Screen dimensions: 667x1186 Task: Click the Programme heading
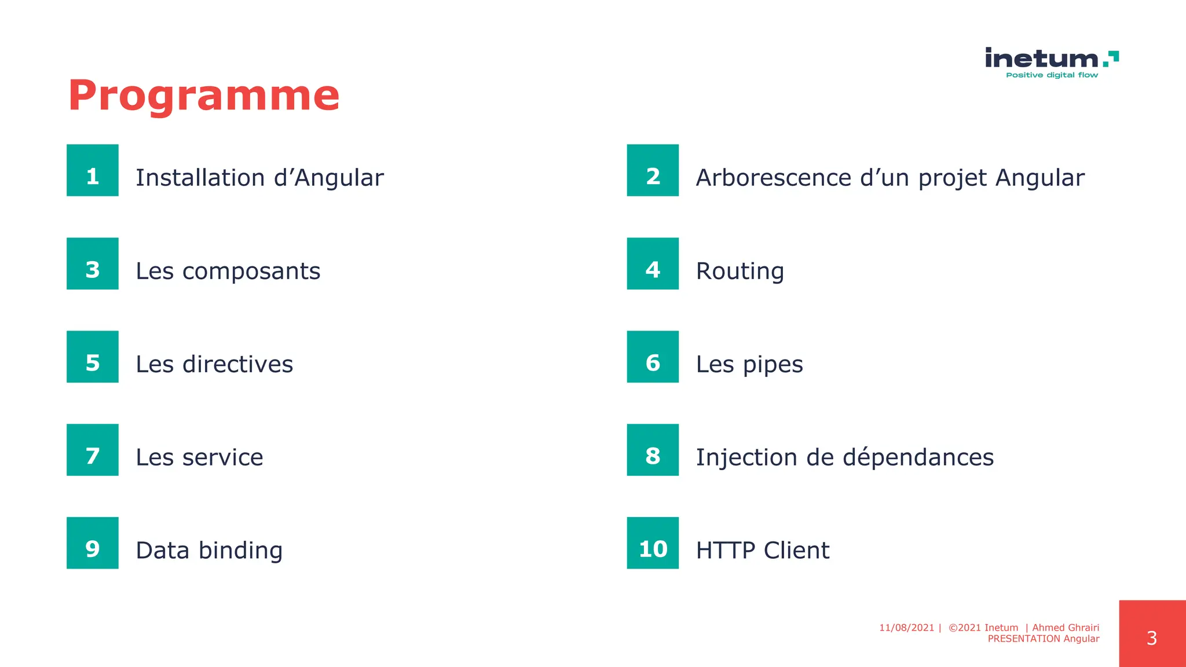tap(203, 96)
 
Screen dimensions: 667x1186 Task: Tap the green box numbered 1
tap(93, 170)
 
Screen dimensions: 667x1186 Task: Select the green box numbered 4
tap(653, 263)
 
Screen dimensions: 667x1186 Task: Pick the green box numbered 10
tap(653, 543)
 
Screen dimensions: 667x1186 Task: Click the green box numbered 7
tap(93, 450)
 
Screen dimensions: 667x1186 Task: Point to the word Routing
tap(740, 271)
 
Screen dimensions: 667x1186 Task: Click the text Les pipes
tap(749, 364)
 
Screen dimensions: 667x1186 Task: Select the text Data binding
tap(209, 550)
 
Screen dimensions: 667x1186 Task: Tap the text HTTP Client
tap(762, 550)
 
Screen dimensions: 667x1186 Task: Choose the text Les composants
tap(228, 271)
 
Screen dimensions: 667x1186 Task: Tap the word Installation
tap(200, 178)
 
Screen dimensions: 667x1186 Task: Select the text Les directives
tap(214, 364)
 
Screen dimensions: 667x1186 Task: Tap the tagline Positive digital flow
tap(1052, 75)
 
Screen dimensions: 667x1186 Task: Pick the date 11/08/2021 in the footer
tap(906, 628)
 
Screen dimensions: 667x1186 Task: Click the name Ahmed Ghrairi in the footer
tap(1066, 628)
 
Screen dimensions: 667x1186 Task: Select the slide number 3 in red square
tap(1152, 638)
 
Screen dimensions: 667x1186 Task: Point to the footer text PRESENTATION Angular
tap(1043, 639)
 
